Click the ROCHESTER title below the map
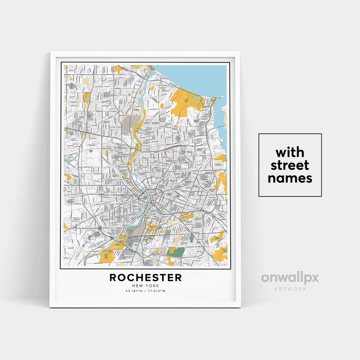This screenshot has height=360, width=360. coord(146,277)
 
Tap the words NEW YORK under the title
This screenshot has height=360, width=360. coord(146,286)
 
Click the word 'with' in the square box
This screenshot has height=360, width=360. coord(290,153)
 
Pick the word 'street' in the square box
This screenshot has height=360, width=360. coord(290,165)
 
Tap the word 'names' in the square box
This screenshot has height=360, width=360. coord(290,178)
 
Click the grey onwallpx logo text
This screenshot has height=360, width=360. coord(290,278)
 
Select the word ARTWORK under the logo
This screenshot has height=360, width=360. coord(290,289)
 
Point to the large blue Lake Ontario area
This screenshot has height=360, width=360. coord(197,75)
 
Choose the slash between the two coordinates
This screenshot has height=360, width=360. coord(146,291)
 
